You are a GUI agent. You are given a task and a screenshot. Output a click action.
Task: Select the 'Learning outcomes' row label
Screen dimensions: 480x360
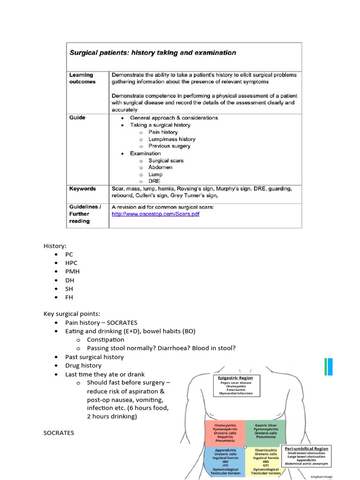pyautogui.click(x=82, y=78)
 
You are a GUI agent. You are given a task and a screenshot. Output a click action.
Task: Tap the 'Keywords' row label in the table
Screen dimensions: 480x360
pyautogui.click(x=82, y=189)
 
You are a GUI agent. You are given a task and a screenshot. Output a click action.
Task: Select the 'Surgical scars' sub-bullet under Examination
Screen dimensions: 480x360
pyautogui.click(x=166, y=160)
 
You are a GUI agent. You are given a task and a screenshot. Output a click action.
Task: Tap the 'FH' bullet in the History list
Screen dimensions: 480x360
pyautogui.click(x=69, y=297)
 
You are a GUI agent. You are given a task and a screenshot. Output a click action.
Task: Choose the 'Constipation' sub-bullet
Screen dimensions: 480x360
pyautogui.click(x=105, y=339)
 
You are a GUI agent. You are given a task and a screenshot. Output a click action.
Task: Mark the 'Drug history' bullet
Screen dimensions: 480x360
pyautogui.click(x=83, y=366)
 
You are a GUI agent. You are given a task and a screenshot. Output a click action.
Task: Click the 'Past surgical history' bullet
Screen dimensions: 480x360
pyautogui.click(x=95, y=357)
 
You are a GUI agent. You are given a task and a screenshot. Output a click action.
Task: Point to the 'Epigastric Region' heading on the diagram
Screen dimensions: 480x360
pyautogui.click(x=235, y=378)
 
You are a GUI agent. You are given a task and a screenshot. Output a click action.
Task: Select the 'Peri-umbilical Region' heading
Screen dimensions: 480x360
pyautogui.click(x=307, y=449)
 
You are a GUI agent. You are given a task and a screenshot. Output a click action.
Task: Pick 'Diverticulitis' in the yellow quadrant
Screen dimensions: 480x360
pyautogui.click(x=266, y=450)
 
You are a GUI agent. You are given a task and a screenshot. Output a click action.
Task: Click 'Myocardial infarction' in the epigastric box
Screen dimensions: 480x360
pyautogui.click(x=235, y=393)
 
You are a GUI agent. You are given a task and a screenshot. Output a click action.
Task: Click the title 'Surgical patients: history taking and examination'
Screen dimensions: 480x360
pyautogui.click(x=153, y=53)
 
